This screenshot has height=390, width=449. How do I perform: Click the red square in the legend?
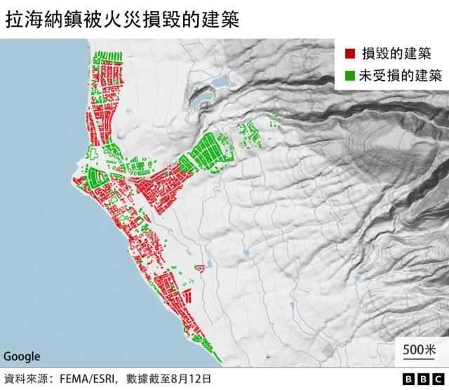349,53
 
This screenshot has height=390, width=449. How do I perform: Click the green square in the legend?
349,74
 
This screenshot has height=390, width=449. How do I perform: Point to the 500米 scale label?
420,349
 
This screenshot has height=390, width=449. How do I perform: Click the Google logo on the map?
22,356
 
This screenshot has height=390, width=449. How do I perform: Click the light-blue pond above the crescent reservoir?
220,82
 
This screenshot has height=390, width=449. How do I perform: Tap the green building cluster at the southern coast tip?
210,349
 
